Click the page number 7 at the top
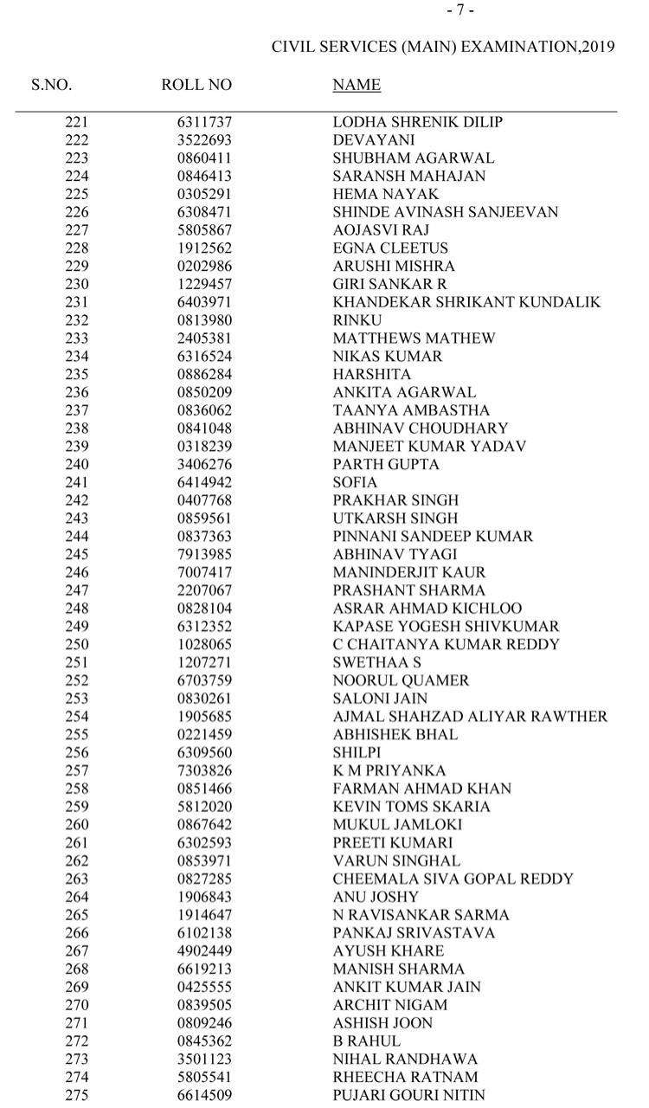click(459, 10)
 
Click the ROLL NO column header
click(196, 85)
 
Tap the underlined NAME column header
click(357, 85)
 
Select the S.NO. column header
click(52, 85)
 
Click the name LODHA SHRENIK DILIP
click(417, 122)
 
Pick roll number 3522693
click(204, 140)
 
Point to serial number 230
click(76, 284)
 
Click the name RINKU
click(357, 320)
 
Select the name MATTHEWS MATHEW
click(414, 338)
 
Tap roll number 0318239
click(204, 447)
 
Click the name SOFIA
click(355, 482)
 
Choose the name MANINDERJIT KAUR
click(409, 572)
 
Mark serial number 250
click(76, 645)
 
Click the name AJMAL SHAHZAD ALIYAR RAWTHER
click(470, 717)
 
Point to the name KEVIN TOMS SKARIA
click(411, 807)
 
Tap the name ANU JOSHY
click(376, 897)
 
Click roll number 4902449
click(204, 951)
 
